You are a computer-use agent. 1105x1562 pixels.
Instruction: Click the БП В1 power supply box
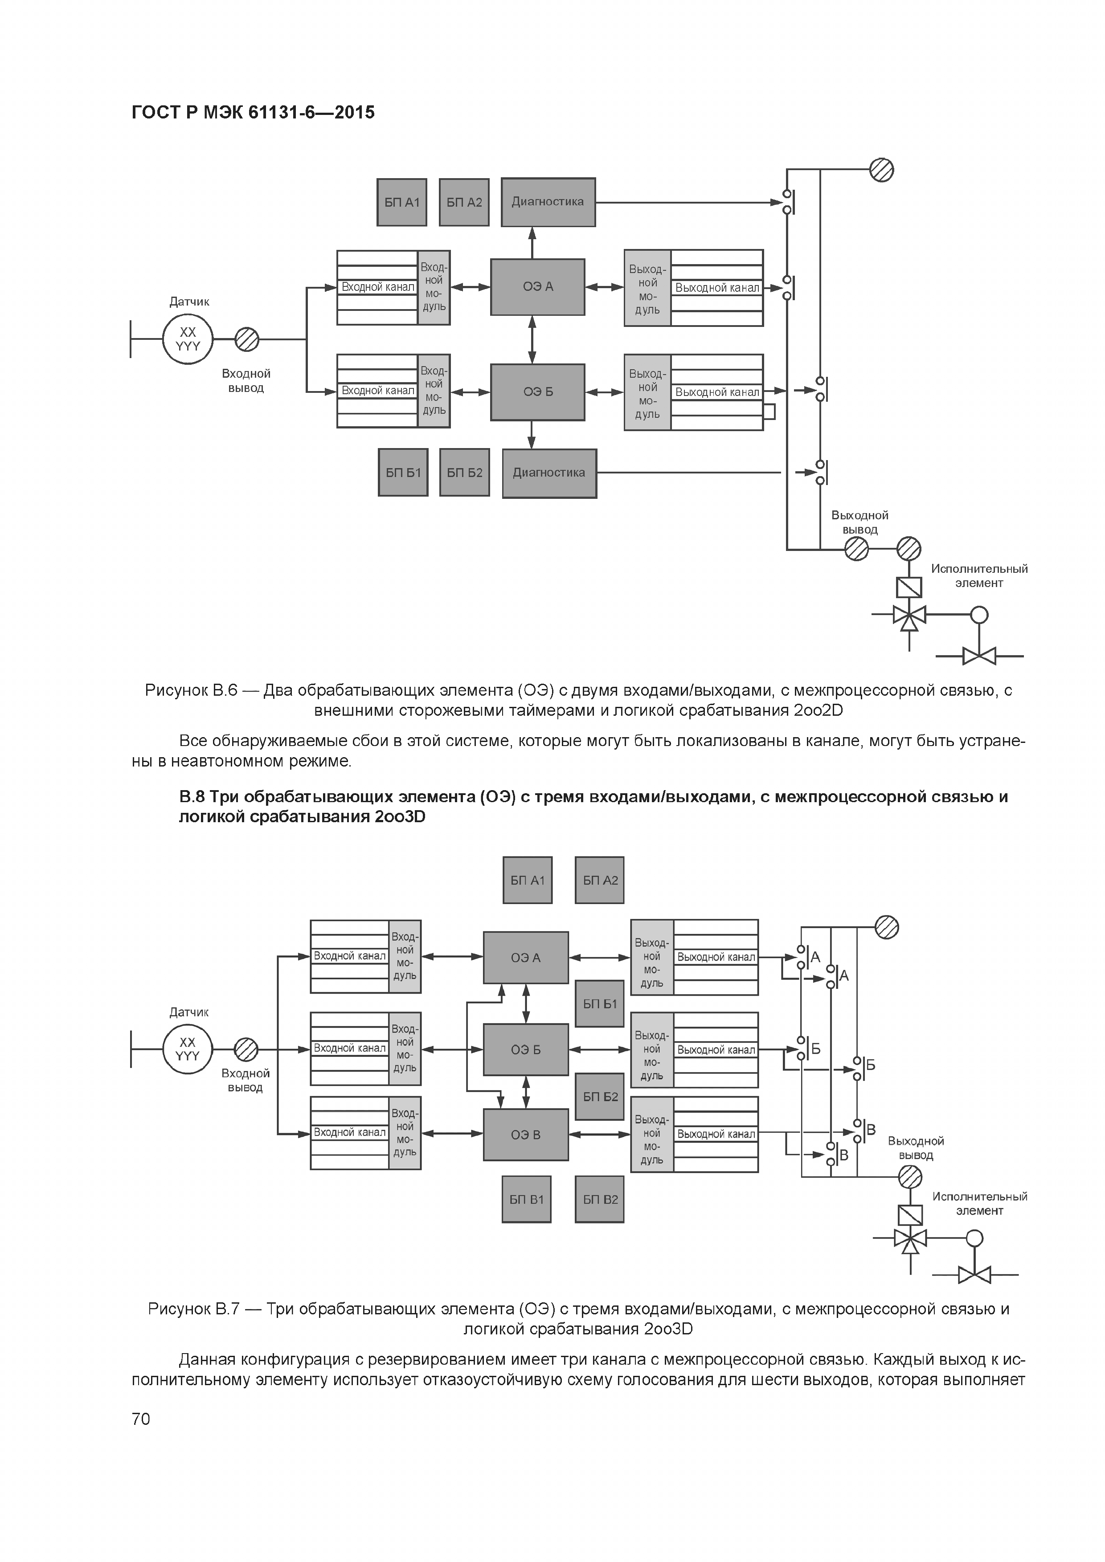[527, 1199]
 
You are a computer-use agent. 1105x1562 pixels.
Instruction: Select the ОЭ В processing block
[525, 1135]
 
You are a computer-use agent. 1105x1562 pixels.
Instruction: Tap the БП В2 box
[599, 1199]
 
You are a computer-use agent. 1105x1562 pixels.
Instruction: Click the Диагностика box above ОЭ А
[548, 202]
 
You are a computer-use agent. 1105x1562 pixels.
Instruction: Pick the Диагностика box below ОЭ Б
[549, 473]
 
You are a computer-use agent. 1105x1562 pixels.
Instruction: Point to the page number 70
[141, 1419]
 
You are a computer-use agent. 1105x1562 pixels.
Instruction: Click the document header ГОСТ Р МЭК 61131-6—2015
[253, 112]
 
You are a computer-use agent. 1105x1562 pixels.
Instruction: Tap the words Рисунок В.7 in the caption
[193, 1309]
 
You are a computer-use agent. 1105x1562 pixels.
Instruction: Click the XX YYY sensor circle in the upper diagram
[188, 339]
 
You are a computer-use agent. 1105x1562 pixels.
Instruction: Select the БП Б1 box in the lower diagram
[599, 1003]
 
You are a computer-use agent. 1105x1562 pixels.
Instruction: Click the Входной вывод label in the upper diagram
[246, 381]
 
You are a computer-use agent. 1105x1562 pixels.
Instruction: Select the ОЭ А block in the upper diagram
[537, 287]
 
